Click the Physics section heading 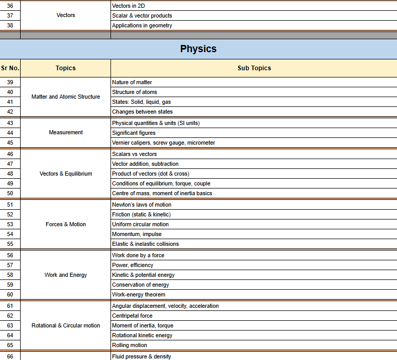coord(198,49)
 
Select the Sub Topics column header coord(254,68)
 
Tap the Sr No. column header coord(10,68)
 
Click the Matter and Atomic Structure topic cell coord(66,97)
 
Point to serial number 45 coord(10,143)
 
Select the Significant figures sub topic coord(134,133)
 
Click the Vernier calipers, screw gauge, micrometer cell coord(163,143)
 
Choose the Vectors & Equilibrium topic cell coord(66,174)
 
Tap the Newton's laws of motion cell coord(141,205)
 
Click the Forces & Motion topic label coord(66,224)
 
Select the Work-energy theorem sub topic coord(138,294)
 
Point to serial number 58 coord(10,275)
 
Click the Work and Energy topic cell coord(66,275)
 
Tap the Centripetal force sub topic coord(132,316)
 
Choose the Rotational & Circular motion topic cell coord(66,325)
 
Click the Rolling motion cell coord(130,345)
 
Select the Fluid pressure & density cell coord(141,356)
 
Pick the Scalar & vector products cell coord(142,15)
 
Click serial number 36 coord(10,5)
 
